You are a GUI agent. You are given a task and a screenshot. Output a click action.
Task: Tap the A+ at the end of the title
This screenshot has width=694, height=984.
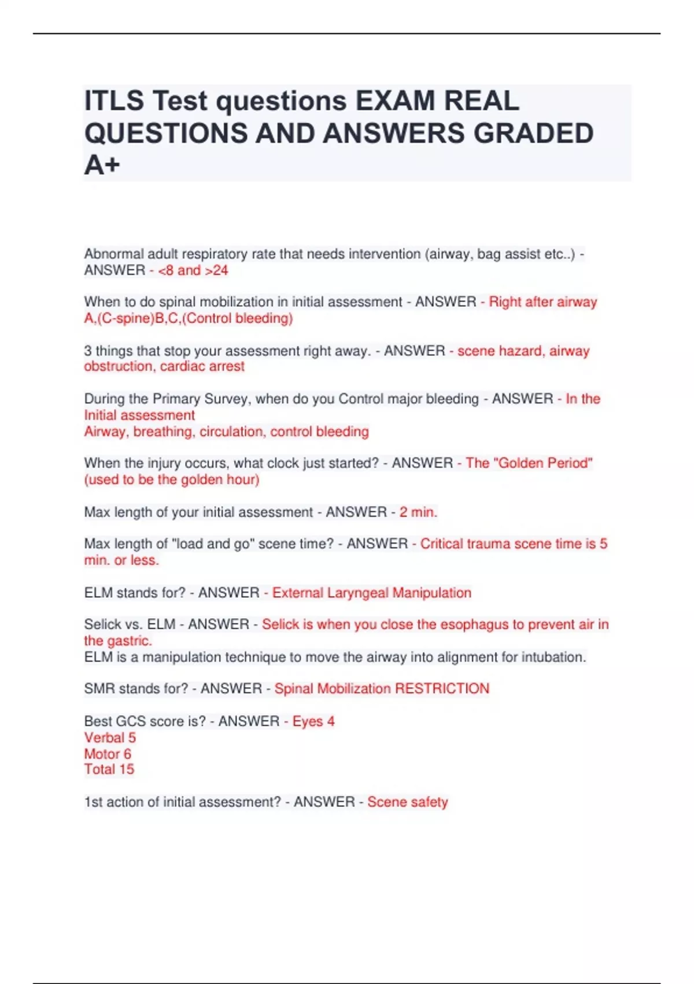point(102,166)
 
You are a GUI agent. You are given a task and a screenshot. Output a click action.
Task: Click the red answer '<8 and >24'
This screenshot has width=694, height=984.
point(193,270)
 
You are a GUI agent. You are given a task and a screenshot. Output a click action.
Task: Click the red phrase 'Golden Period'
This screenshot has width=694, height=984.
point(545,463)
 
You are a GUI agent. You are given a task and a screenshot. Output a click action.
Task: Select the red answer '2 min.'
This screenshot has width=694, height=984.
point(418,512)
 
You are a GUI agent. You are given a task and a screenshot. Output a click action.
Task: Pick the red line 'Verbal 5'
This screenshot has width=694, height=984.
point(110,737)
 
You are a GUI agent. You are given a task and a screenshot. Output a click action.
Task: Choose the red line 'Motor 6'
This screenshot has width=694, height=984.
point(108,754)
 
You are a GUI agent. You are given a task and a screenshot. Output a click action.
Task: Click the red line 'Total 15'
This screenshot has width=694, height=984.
point(109,769)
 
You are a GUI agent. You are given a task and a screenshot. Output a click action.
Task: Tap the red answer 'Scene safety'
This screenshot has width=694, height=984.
point(407,802)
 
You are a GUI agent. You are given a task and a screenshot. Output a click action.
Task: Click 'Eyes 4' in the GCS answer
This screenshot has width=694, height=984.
point(313,721)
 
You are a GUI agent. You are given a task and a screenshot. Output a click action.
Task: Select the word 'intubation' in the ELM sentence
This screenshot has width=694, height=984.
point(553,657)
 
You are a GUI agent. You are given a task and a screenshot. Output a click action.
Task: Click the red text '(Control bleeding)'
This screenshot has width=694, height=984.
point(238,318)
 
